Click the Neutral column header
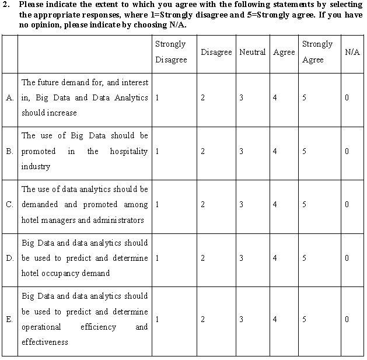coord(253,52)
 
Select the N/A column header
coord(352,52)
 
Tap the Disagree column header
coord(216,52)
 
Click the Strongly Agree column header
coord(317,52)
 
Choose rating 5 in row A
coord(304,98)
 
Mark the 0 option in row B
coord(347,151)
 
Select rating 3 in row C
coord(241,205)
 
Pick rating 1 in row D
coord(158,258)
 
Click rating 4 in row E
coord(275,319)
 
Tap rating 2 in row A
coord(202,98)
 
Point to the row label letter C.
coord(10,205)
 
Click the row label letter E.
coord(10,319)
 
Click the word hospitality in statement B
coord(129,151)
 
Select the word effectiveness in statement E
coord(45,342)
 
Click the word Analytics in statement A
coord(130,98)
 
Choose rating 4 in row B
coord(275,151)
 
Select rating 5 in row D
coord(304,258)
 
